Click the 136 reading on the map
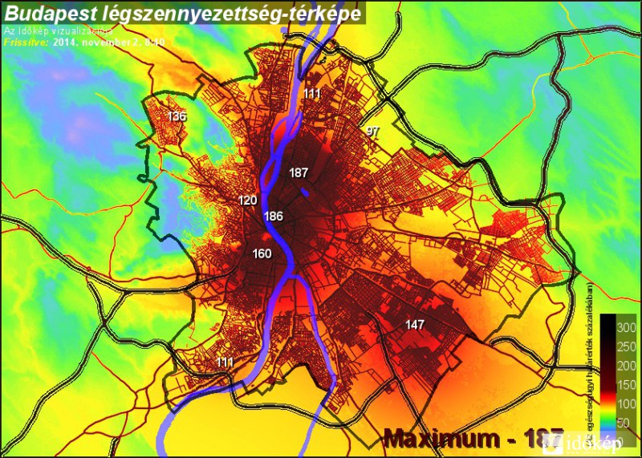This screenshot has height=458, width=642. click(x=177, y=117)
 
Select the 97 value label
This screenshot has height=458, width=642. click(x=372, y=131)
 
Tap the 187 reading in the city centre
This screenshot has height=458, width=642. click(x=299, y=173)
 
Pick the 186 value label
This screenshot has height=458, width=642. click(x=274, y=217)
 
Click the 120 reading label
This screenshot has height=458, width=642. click(x=248, y=200)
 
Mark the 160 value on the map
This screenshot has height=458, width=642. click(x=262, y=254)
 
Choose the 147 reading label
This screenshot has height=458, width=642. click(x=415, y=325)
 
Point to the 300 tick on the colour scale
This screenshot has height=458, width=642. click(x=626, y=327)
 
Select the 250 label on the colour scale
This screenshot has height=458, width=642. click(x=626, y=347)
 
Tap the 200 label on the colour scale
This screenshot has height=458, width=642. click(x=626, y=365)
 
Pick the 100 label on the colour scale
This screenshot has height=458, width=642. click(x=626, y=403)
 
